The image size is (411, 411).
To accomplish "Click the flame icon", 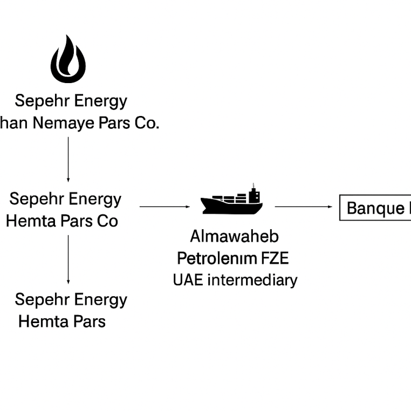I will click(x=68, y=59).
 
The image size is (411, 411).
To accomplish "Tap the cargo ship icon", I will click(x=231, y=201).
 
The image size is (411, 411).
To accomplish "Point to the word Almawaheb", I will click(x=234, y=236).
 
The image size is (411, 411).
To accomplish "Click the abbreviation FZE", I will click(x=275, y=258).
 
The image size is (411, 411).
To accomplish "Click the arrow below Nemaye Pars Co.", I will click(x=68, y=159).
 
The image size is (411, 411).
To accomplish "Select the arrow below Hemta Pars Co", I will click(x=68, y=259).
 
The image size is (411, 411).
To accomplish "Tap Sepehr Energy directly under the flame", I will click(x=71, y=101).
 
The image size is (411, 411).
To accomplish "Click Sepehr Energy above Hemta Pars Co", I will click(x=65, y=199).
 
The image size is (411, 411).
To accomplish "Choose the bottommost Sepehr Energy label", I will click(x=71, y=299).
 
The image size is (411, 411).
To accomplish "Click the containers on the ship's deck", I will click(x=230, y=198).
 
